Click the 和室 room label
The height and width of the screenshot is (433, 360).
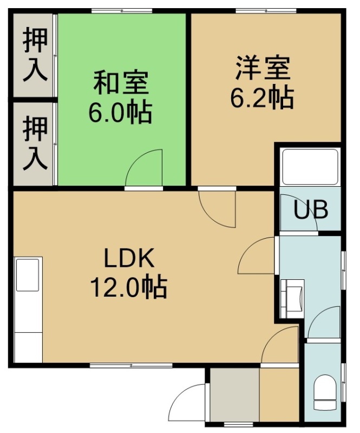(121, 83)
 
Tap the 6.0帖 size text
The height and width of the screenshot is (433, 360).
(120, 113)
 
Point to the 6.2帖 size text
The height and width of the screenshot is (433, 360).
(262, 98)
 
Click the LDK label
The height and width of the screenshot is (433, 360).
(129, 258)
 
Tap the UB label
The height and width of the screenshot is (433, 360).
(311, 209)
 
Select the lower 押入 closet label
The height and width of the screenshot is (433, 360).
(35, 143)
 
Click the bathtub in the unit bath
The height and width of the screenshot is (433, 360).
(310, 167)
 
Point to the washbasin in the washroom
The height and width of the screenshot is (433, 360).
(292, 299)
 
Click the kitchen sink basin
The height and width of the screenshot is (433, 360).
(28, 275)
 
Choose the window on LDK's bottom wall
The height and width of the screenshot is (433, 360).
(131, 365)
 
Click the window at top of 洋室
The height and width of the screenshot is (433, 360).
(266, 11)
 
